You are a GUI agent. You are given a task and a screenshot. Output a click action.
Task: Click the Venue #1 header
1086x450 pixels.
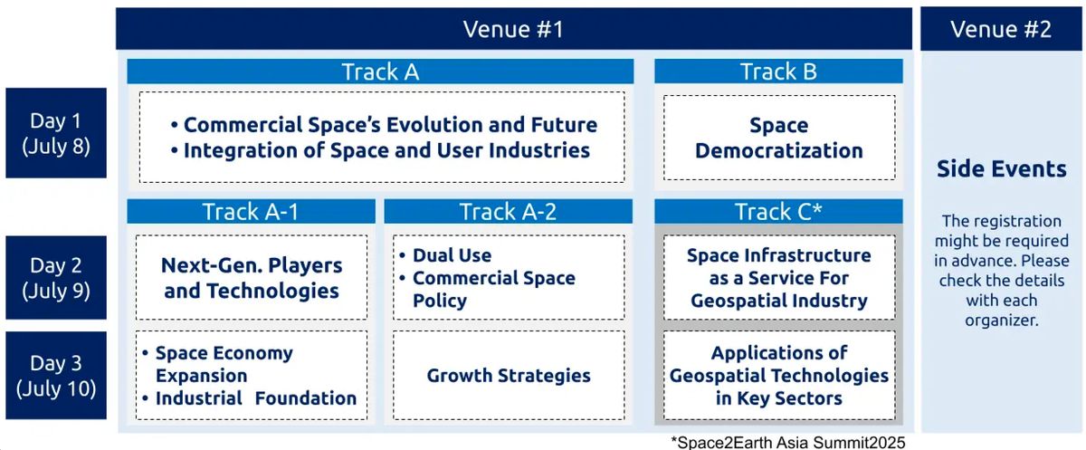[513, 29]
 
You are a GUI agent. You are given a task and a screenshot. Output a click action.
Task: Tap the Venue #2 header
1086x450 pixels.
[1001, 29]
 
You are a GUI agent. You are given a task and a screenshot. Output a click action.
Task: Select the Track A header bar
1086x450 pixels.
[380, 72]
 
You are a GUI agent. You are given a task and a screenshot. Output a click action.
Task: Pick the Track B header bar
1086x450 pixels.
[778, 72]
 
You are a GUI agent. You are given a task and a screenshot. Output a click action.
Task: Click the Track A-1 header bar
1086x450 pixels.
[252, 212]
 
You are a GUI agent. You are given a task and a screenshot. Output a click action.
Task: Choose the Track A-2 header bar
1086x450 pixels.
[508, 212]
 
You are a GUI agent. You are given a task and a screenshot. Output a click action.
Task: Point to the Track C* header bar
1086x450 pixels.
[778, 212]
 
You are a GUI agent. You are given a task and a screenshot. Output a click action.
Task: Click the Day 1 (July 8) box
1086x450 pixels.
[56, 133]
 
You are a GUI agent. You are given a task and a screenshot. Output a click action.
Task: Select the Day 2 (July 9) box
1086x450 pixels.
[56, 277]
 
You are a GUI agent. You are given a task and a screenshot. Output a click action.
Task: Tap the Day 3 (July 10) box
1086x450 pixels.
[56, 376]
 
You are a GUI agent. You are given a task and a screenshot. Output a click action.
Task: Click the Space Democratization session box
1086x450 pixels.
[779, 138]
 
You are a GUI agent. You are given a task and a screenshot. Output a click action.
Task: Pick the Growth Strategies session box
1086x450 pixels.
[509, 376]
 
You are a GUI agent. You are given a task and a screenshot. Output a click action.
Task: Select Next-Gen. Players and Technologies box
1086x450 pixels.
[252, 277]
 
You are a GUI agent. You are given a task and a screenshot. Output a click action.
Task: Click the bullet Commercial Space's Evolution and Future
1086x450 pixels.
[384, 125]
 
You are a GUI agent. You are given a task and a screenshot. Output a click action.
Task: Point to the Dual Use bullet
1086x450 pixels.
[445, 255]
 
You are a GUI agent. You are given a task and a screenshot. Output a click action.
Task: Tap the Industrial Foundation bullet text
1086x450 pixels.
[249, 398]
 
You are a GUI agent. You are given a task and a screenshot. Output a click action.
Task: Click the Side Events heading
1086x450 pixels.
[1002, 168]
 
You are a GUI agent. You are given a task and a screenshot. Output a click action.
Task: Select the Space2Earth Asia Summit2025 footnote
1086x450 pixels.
[788, 442]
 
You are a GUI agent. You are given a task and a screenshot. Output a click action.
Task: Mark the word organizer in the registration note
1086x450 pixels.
[1002, 321]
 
